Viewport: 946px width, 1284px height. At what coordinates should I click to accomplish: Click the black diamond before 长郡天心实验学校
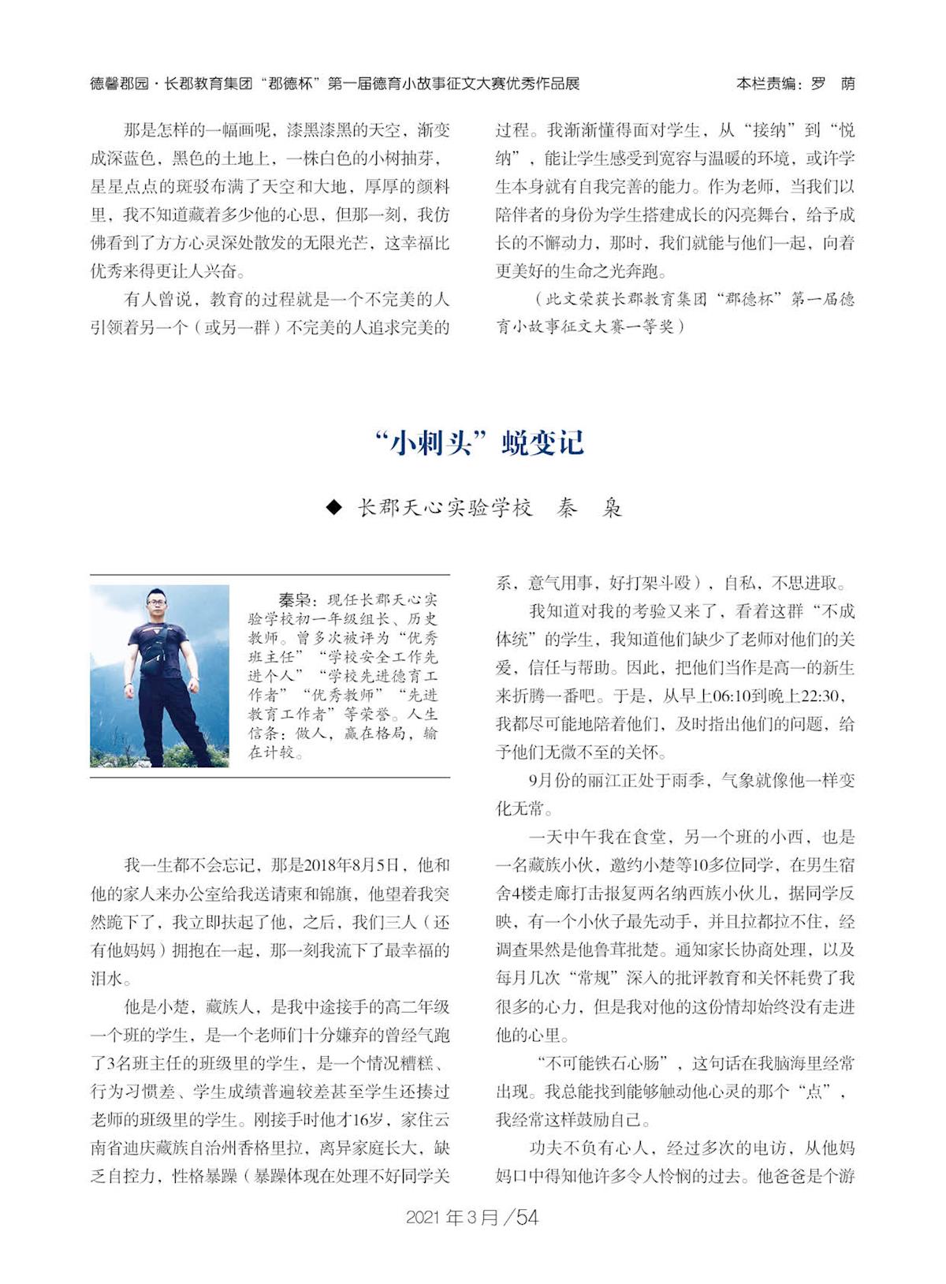click(334, 507)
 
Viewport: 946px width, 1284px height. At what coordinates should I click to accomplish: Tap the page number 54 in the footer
click(527, 1217)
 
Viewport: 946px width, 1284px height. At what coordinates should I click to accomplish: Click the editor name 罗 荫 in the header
click(832, 84)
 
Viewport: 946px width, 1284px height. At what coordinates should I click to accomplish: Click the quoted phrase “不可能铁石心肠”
click(596, 1063)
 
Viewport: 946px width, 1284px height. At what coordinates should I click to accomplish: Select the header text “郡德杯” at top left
click(291, 84)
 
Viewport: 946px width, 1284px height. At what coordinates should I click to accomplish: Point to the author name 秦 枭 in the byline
click(589, 507)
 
